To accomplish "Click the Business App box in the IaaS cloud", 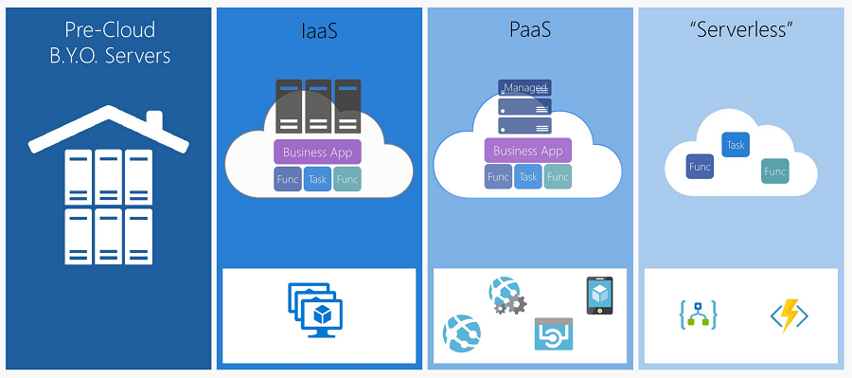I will click(x=318, y=151).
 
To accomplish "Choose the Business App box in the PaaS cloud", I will click(x=528, y=151).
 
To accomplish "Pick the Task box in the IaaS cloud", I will click(x=318, y=178).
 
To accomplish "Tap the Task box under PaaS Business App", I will click(x=528, y=176).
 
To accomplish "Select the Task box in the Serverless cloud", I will click(x=736, y=144).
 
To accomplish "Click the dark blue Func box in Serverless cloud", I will click(x=700, y=167).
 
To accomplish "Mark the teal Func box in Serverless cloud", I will click(x=775, y=171).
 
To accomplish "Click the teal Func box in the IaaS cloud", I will click(x=347, y=178).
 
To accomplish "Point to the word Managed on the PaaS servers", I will click(x=525, y=88).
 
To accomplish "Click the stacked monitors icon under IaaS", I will click(x=315, y=310).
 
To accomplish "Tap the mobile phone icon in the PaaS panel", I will click(x=599, y=296).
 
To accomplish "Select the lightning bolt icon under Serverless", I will click(x=789, y=315).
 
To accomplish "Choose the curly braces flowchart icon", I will click(x=698, y=315).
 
